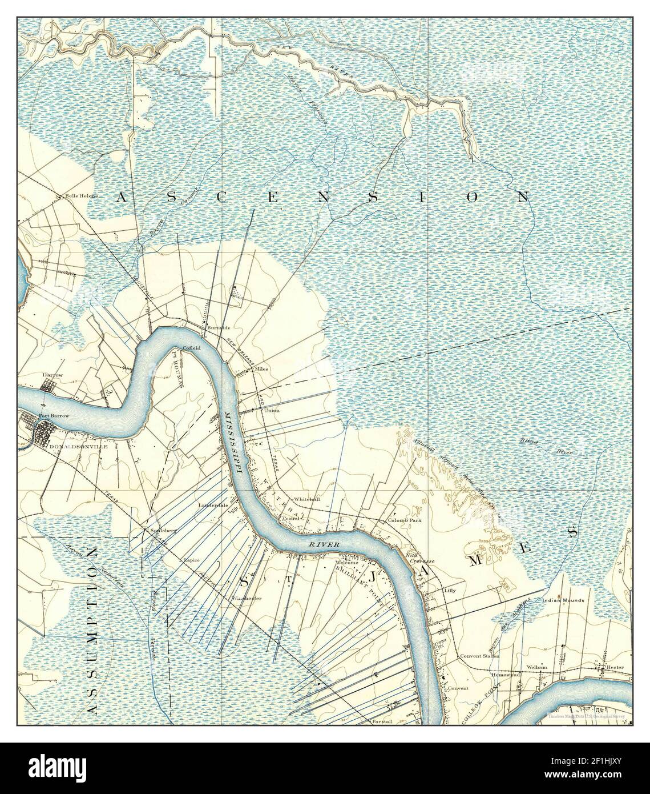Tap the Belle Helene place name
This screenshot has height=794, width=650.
82,196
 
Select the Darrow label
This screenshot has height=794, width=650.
53,375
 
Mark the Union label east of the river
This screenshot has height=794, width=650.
272,410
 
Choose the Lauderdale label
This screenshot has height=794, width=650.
213,505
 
